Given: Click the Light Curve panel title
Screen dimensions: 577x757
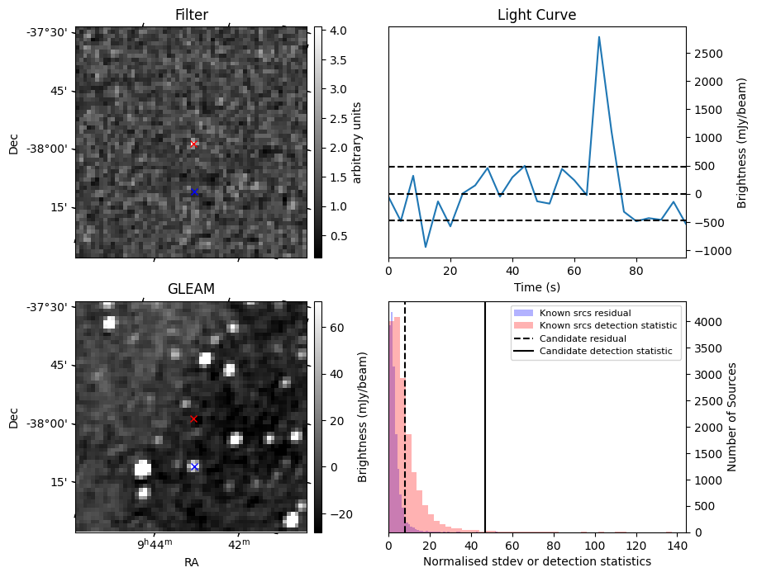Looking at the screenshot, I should pyautogui.click(x=536, y=15).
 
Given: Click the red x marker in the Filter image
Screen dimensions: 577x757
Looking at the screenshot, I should pyautogui.click(x=193, y=144).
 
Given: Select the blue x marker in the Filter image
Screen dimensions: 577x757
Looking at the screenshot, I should pyautogui.click(x=194, y=192).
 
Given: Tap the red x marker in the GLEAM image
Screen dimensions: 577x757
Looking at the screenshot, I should pyautogui.click(x=193, y=419).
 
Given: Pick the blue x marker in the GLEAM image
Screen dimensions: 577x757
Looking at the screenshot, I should pyautogui.click(x=194, y=466).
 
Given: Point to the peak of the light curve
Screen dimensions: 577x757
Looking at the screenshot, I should pyautogui.click(x=598, y=36).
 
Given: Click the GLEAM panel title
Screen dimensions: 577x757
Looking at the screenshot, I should pyautogui.click(x=191, y=289).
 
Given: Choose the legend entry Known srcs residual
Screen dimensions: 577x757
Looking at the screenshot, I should pyautogui.click(x=584, y=313).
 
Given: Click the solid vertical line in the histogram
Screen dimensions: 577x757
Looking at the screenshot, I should pyautogui.click(x=485, y=413).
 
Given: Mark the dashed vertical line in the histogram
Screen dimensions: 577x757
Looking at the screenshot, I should pyautogui.click(x=405, y=413).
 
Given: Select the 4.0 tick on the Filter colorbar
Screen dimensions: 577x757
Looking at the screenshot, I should pyautogui.click(x=338, y=31).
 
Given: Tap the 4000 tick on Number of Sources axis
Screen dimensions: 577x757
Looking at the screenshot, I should pyautogui.click(x=708, y=321).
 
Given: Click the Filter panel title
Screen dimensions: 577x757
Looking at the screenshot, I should pyautogui.click(x=191, y=15).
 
